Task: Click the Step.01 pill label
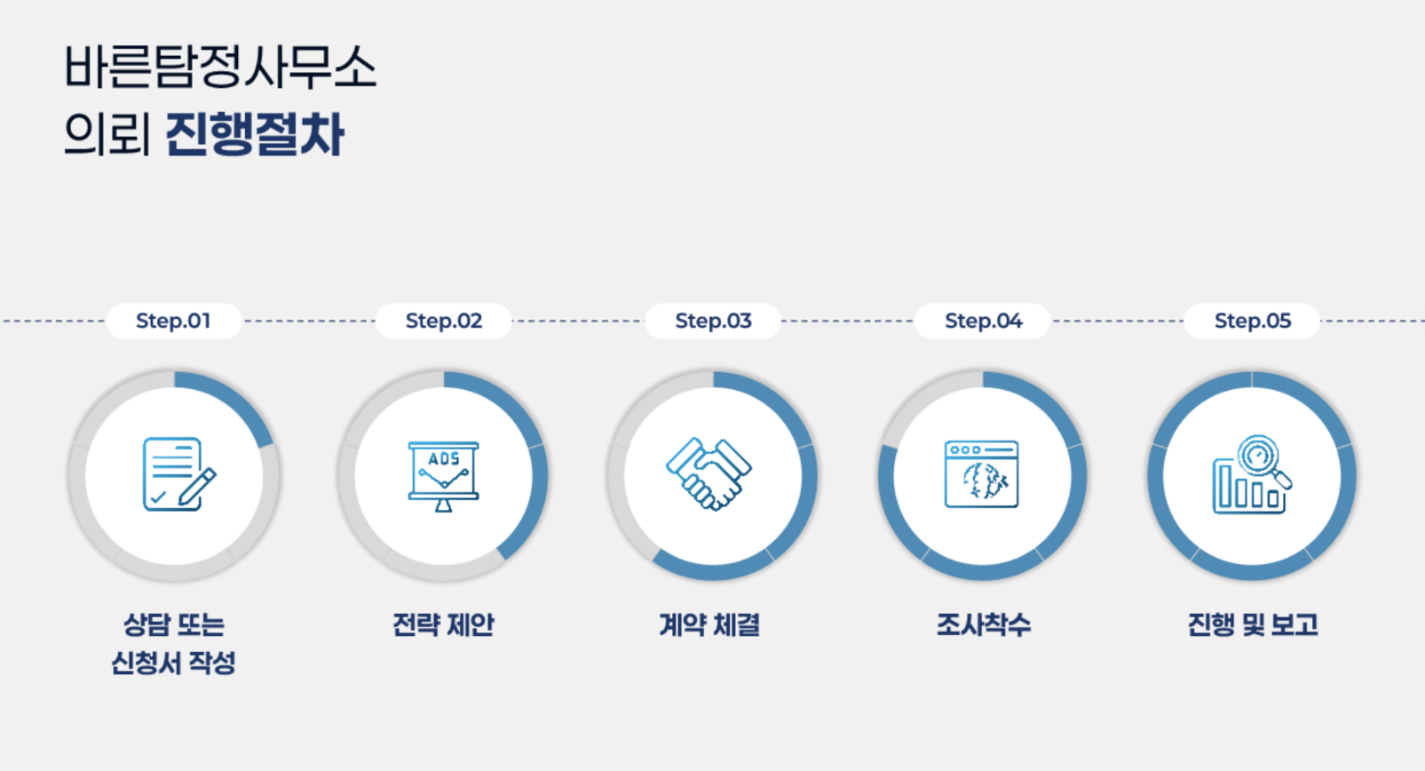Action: coord(173,321)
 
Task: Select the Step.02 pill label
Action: coord(444,321)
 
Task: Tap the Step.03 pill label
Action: coord(713,321)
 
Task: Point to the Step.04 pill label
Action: coord(983,321)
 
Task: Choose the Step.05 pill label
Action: coord(1253,321)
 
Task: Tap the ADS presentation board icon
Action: coord(443,475)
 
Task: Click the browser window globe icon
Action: coord(981,474)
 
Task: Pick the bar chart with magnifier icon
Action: coord(1251,475)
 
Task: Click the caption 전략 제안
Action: coord(443,625)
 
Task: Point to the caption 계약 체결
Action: coord(709,625)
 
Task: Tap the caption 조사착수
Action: coord(983,625)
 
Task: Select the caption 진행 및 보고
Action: coord(1252,625)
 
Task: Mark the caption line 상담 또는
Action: coord(173,625)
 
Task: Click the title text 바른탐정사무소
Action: coord(220,68)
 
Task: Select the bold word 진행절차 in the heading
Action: coord(255,135)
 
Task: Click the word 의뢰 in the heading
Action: coord(107,135)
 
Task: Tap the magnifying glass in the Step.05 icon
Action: coord(1261,458)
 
